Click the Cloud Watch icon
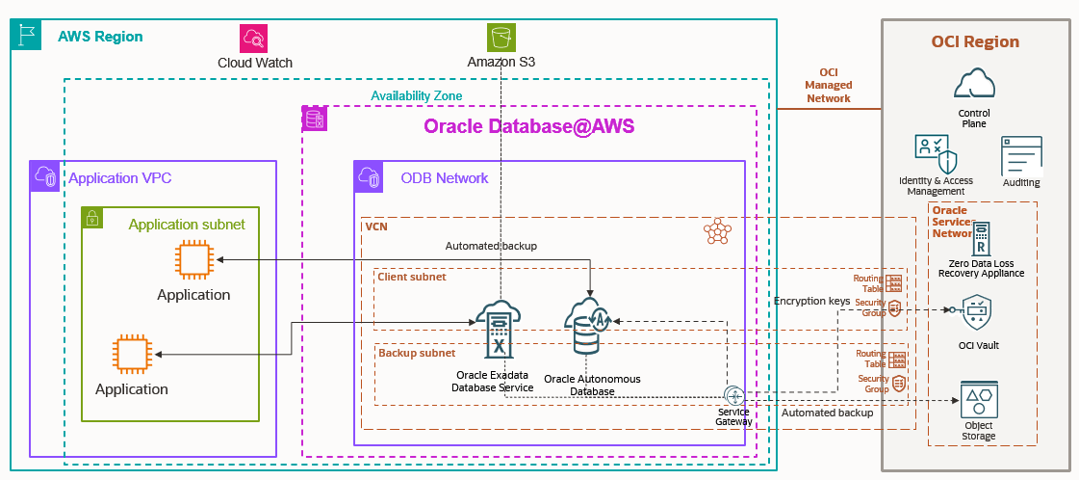[255, 39]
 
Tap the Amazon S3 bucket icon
[501, 38]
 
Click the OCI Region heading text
[975, 41]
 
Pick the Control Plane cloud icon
[974, 84]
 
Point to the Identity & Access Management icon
[935, 154]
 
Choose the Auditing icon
[1021, 155]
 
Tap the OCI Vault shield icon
[977, 313]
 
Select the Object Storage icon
[977, 399]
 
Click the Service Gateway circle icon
[734, 395]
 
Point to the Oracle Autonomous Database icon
[589, 328]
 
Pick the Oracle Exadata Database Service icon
[498, 328]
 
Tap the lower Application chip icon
[132, 355]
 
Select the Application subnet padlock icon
[92, 219]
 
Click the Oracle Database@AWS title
[529, 127]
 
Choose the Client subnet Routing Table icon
[895, 283]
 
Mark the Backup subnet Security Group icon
[898, 383]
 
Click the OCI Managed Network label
[828, 85]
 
